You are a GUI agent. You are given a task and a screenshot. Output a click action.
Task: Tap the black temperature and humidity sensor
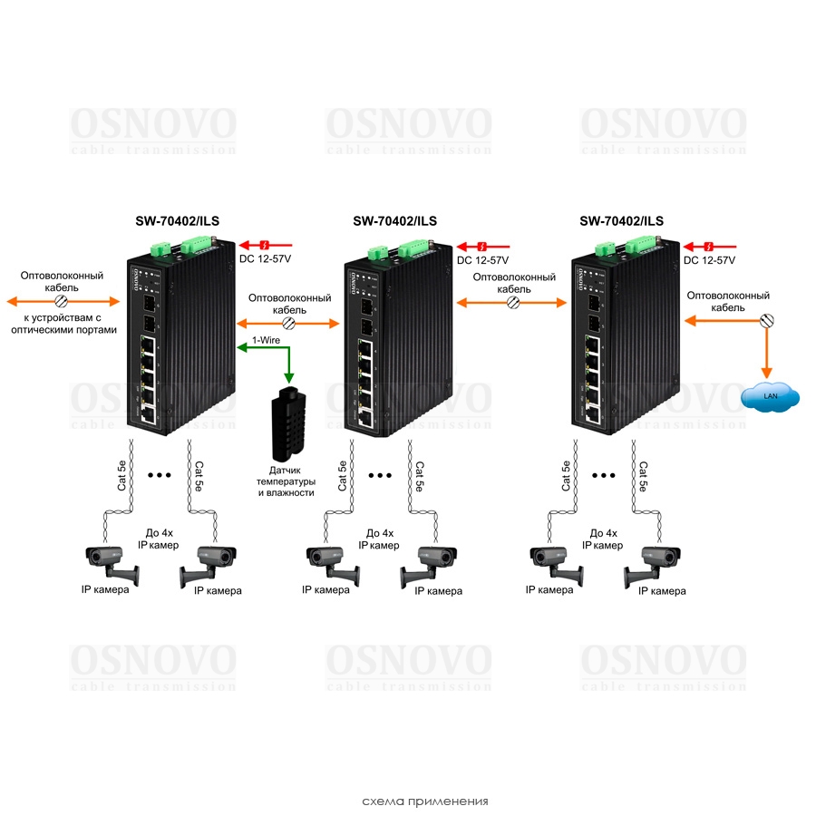(x=288, y=422)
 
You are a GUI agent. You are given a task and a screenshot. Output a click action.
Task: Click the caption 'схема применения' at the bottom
(x=424, y=801)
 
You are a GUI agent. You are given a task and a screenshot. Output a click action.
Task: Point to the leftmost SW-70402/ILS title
(x=178, y=220)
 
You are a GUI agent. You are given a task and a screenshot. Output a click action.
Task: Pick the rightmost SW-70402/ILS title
(x=621, y=220)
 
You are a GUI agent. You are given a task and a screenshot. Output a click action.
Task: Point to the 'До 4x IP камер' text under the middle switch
(x=379, y=539)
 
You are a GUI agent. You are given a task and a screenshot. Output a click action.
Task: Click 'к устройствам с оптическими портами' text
(x=63, y=324)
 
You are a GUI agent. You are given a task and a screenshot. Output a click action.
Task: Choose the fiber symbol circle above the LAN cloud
(x=767, y=319)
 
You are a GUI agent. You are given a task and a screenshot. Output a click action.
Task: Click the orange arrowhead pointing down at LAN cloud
(x=767, y=372)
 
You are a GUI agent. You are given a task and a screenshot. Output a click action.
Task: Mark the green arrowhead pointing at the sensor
(x=288, y=376)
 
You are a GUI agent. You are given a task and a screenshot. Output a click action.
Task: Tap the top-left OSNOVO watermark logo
(x=153, y=128)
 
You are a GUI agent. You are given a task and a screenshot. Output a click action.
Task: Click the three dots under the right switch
(x=604, y=475)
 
